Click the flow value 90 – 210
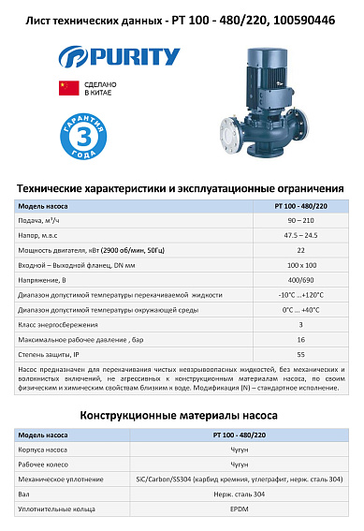(x=300, y=221)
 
